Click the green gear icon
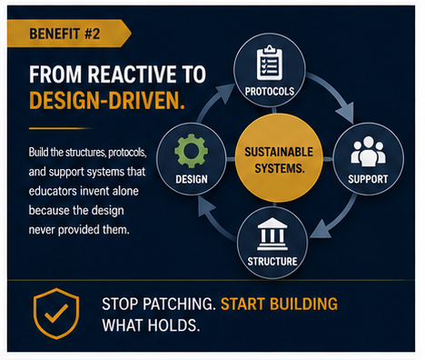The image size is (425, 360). (191, 151)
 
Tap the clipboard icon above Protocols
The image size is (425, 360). (270, 63)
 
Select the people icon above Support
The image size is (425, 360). (368, 151)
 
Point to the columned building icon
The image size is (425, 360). (272, 234)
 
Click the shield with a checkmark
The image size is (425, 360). (56, 314)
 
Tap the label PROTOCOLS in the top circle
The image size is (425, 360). (270, 91)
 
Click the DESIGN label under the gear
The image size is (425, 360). (192, 179)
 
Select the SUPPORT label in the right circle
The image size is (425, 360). (368, 179)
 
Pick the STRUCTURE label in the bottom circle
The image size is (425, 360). (272, 261)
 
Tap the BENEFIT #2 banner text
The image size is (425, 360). (64, 34)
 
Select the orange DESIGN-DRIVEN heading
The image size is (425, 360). (107, 100)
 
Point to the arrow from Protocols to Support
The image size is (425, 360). (335, 91)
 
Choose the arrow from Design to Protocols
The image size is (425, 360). (213, 97)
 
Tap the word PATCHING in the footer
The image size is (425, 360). (179, 304)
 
